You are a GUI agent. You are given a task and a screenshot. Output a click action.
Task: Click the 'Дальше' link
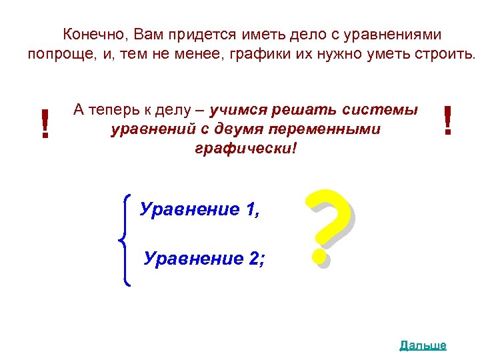click(x=423, y=345)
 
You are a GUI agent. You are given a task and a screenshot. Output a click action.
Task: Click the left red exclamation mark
click(x=45, y=124)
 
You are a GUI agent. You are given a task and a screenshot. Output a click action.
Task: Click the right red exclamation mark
click(x=447, y=121)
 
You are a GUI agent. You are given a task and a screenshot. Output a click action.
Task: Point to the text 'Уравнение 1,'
click(x=199, y=210)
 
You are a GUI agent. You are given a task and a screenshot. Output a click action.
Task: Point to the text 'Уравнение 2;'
click(x=203, y=258)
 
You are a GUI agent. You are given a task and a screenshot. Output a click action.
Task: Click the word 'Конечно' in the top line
click(x=92, y=34)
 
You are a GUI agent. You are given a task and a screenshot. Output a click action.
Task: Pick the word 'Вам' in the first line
click(x=148, y=34)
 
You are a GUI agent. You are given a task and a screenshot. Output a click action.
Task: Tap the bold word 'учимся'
click(x=236, y=109)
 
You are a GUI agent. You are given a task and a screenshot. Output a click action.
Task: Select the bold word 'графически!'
click(x=244, y=148)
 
